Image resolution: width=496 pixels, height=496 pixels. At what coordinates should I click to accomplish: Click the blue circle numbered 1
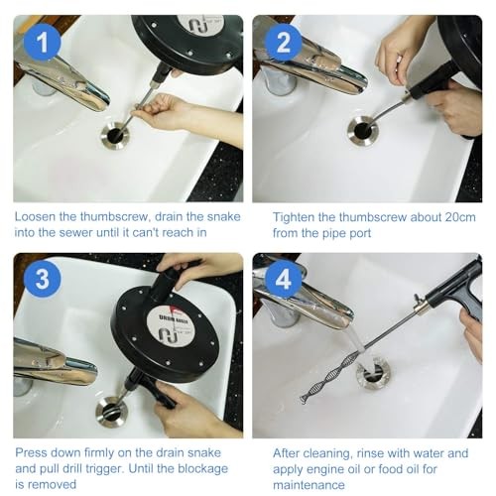click(42, 43)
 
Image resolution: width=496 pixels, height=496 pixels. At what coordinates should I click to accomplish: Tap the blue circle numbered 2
click(283, 43)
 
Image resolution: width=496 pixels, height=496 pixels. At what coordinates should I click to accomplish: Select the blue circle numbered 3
click(42, 279)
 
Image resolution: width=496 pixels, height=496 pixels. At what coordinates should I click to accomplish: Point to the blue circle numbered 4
click(283, 279)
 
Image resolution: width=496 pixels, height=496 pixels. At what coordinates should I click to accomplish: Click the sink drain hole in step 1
click(116, 135)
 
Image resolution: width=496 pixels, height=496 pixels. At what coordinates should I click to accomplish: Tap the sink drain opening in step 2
click(362, 131)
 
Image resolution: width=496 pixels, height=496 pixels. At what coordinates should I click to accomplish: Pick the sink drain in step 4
click(373, 373)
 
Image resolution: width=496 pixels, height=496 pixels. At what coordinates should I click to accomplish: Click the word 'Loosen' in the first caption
click(35, 217)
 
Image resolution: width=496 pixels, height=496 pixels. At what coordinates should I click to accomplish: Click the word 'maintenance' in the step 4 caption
click(309, 485)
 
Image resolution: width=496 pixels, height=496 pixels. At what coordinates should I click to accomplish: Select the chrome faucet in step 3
click(55, 362)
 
